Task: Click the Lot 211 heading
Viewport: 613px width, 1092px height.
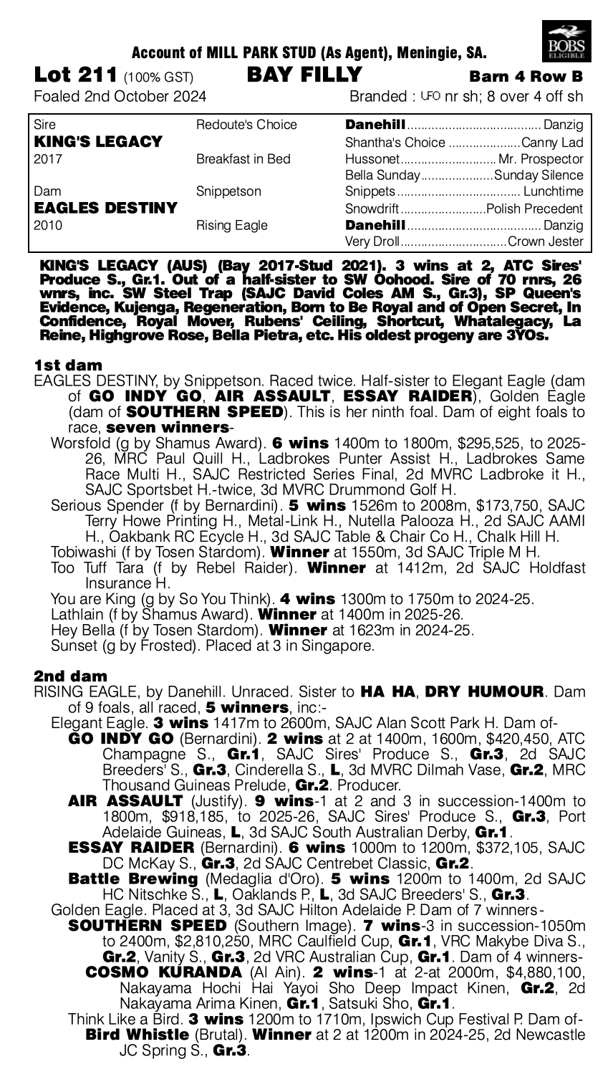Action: tap(77, 75)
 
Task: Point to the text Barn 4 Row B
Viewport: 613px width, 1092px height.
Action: tap(526, 77)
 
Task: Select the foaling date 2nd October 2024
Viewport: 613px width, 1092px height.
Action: tap(120, 96)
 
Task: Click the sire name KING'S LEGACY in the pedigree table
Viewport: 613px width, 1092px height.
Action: tap(98, 141)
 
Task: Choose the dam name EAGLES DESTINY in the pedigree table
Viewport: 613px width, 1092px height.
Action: tap(105, 209)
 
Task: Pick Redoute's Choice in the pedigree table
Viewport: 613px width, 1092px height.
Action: tap(246, 125)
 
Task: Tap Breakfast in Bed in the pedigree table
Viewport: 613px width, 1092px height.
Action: tap(243, 158)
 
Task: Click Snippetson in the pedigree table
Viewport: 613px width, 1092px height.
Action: tap(228, 192)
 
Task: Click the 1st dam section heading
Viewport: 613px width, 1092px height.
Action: tap(68, 365)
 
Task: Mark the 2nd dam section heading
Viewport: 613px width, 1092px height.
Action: tap(70, 676)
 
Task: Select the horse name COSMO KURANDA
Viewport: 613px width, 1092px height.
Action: tap(163, 972)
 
